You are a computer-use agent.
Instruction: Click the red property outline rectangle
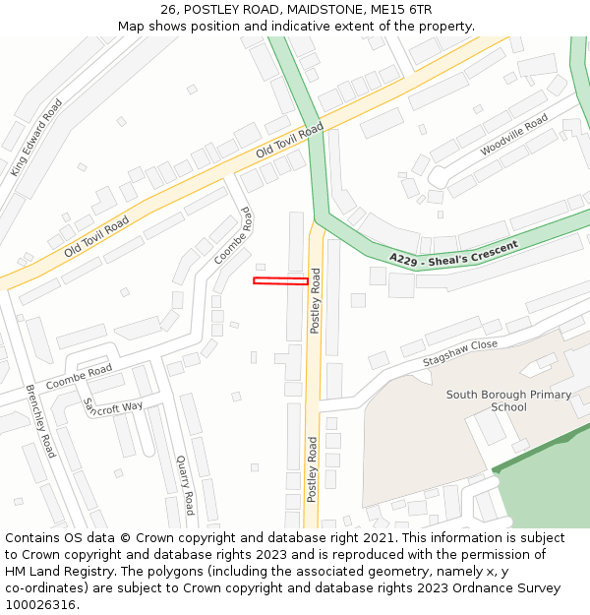280,281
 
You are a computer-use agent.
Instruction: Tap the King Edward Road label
36,137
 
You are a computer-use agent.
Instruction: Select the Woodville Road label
513,135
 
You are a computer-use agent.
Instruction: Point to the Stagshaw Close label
460,353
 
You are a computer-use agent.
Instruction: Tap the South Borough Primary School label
508,400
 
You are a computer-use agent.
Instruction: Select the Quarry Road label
185,485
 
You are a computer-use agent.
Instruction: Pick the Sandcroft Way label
113,406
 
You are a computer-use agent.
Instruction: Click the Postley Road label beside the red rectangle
316,302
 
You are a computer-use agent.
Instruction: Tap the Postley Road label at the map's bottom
312,469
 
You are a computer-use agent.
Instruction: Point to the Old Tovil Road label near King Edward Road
96,238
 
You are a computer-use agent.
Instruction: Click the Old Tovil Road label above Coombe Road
289,142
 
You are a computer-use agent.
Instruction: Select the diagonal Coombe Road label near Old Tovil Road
233,235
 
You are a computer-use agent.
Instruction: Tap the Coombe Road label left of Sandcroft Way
80,375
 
